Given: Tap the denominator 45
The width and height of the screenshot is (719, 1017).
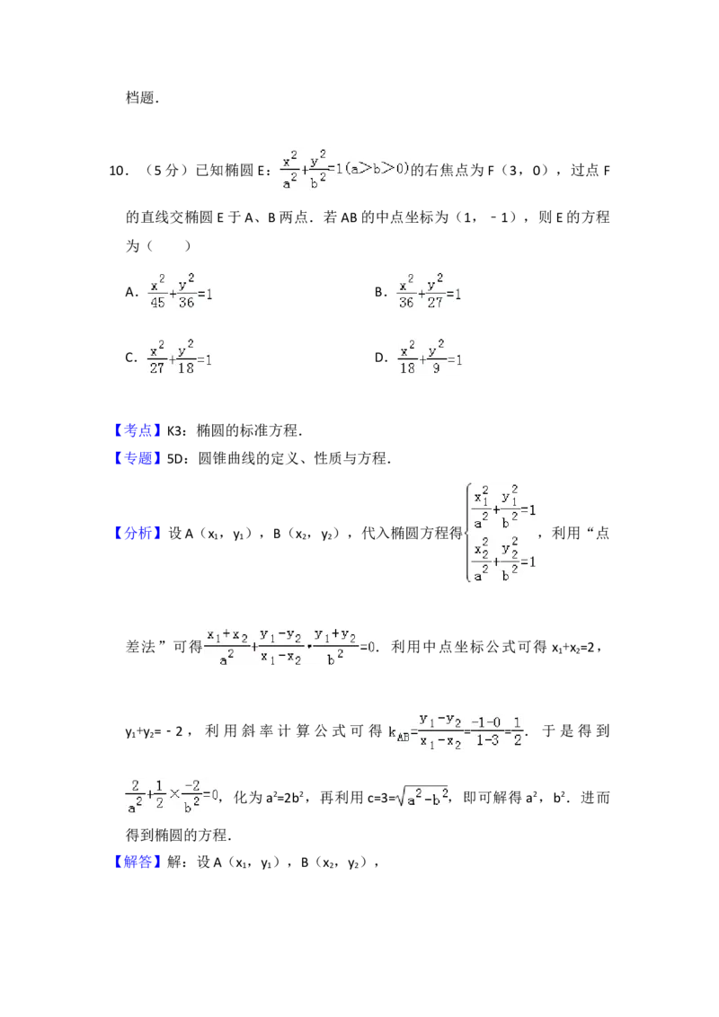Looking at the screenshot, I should coord(157,303).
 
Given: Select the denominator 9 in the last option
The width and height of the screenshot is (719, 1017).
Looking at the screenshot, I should coord(436,367).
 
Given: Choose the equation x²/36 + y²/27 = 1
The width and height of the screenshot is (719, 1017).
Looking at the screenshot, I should coord(431,291).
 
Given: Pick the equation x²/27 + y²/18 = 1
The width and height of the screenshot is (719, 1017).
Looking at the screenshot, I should coord(180,356).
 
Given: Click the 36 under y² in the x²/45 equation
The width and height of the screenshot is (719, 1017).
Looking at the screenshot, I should coord(187,303).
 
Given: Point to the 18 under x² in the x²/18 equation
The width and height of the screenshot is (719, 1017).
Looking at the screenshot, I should coord(406,367).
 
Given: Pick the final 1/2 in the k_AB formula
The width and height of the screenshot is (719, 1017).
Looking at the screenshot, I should coord(518,730).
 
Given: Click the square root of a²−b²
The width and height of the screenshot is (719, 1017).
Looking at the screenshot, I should coord(421,798).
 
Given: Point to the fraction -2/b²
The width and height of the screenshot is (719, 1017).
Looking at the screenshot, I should coord(187,798).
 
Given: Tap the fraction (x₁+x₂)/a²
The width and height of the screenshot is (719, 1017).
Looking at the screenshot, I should coord(227,643).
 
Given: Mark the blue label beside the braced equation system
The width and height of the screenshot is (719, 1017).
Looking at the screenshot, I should coord(139,535).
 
